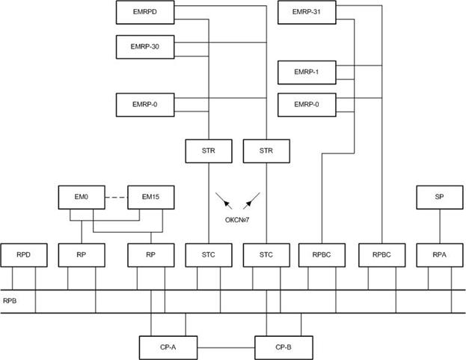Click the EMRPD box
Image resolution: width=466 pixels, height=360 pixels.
point(145,12)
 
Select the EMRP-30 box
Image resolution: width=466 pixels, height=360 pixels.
point(145,47)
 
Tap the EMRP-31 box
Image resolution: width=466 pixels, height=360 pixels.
point(307,12)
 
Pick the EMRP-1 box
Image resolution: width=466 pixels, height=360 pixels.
point(307,73)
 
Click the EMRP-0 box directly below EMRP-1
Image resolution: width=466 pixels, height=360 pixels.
point(307,105)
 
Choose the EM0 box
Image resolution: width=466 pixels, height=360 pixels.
point(82,198)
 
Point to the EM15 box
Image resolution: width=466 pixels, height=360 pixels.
point(151,198)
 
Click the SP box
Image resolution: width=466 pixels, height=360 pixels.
point(440,198)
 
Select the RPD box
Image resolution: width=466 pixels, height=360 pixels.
point(24,255)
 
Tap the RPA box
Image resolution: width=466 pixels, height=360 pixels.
point(440,255)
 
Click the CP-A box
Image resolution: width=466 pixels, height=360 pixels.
point(168,348)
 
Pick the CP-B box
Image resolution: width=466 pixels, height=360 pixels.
point(283,348)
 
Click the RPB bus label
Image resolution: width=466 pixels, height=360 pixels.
point(10,301)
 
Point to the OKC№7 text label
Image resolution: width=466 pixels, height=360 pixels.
point(237,220)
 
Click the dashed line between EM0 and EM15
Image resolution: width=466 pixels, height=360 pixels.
point(116,198)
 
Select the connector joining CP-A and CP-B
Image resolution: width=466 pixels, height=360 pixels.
point(226,348)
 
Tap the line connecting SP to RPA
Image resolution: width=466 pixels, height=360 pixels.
point(440,226)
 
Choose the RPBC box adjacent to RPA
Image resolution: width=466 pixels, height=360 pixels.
point(382,255)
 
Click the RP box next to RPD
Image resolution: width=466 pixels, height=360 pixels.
point(82,255)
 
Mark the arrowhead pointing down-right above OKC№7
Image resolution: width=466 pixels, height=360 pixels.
point(228,204)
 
